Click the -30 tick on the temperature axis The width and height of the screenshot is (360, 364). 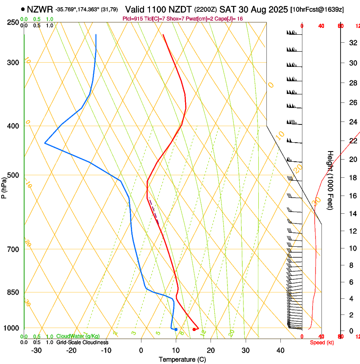(36, 350)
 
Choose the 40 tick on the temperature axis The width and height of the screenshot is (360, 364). (280, 350)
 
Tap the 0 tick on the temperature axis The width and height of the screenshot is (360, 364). (141, 350)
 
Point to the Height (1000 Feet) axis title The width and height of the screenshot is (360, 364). (330, 180)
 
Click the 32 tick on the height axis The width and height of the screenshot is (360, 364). (352, 42)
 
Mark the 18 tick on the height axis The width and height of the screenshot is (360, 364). (352, 178)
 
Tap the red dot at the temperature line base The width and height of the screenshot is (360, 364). (194, 329)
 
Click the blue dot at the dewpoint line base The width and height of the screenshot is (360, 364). (176, 329)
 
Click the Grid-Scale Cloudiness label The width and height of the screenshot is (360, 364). (82, 342)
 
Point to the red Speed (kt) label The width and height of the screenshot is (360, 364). (322, 342)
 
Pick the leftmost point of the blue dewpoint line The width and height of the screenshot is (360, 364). (45, 143)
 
